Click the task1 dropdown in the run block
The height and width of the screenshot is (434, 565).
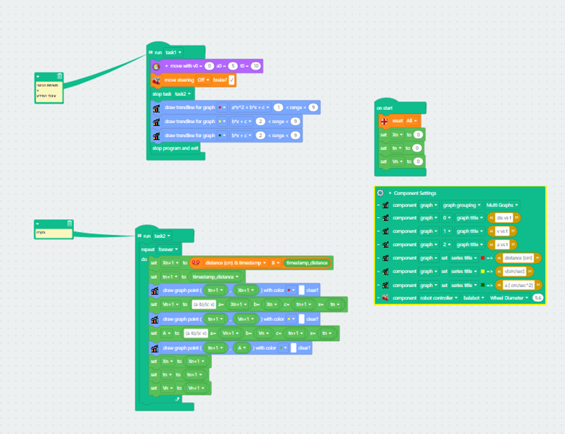pyautogui.click(x=173, y=52)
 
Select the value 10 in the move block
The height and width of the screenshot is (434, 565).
pyautogui.click(x=256, y=66)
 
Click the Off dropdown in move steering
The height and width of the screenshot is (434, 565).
pyautogui.click(x=203, y=80)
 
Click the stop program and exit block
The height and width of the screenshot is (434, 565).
pyautogui.click(x=175, y=148)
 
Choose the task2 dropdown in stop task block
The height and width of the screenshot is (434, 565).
pyautogui.click(x=183, y=93)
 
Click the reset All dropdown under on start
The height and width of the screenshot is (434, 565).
pyautogui.click(x=411, y=121)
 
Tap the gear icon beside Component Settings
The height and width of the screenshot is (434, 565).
pyautogui.click(x=380, y=193)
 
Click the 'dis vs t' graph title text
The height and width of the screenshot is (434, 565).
pyautogui.click(x=504, y=218)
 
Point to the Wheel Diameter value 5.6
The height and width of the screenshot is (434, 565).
pyautogui.click(x=537, y=297)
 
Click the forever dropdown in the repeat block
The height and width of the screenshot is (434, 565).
pyautogui.click(x=169, y=249)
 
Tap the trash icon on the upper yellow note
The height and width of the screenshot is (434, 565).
pyautogui.click(x=60, y=77)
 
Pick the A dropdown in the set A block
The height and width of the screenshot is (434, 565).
pyautogui.click(x=168, y=333)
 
